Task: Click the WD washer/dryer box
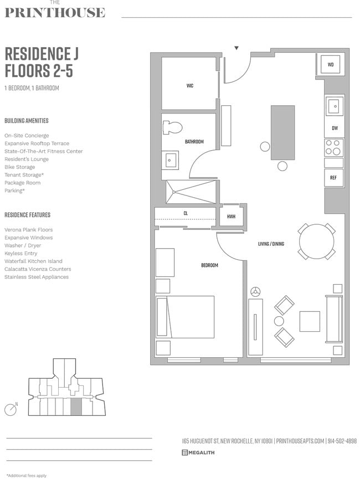coord(331,65)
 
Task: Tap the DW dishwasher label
coord(335,128)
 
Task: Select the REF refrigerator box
coord(333,178)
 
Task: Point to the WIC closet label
coord(189,86)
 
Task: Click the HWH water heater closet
coord(231,216)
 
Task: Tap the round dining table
coord(317,241)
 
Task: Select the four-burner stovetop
coord(334,147)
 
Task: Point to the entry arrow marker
coord(236,48)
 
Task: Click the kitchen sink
coord(334,105)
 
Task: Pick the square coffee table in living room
coord(310,321)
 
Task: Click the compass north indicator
coord(10,410)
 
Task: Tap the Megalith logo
coord(198,452)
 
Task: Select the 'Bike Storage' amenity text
coord(19,167)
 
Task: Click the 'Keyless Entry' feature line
coord(20,253)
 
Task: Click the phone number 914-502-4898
coord(342,441)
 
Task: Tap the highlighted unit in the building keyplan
coord(76,406)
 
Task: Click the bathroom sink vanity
coord(171,161)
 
